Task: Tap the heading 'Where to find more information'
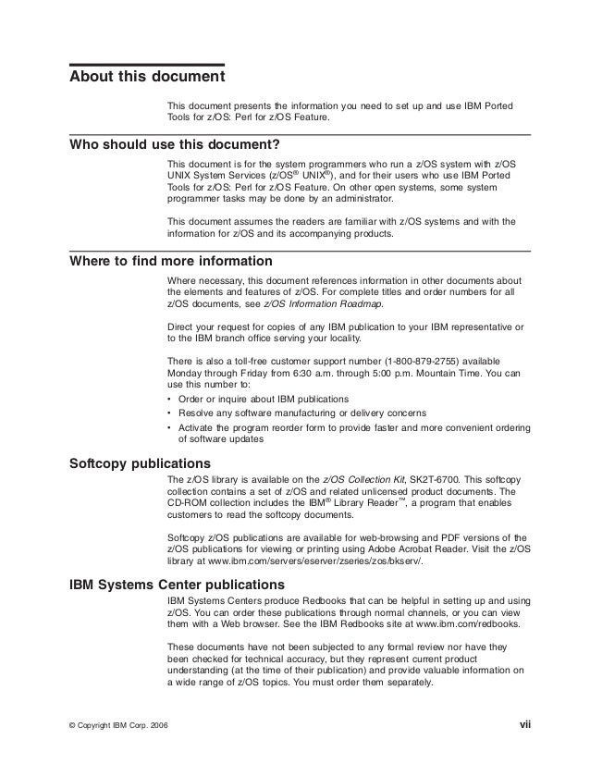pyautogui.click(x=171, y=260)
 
